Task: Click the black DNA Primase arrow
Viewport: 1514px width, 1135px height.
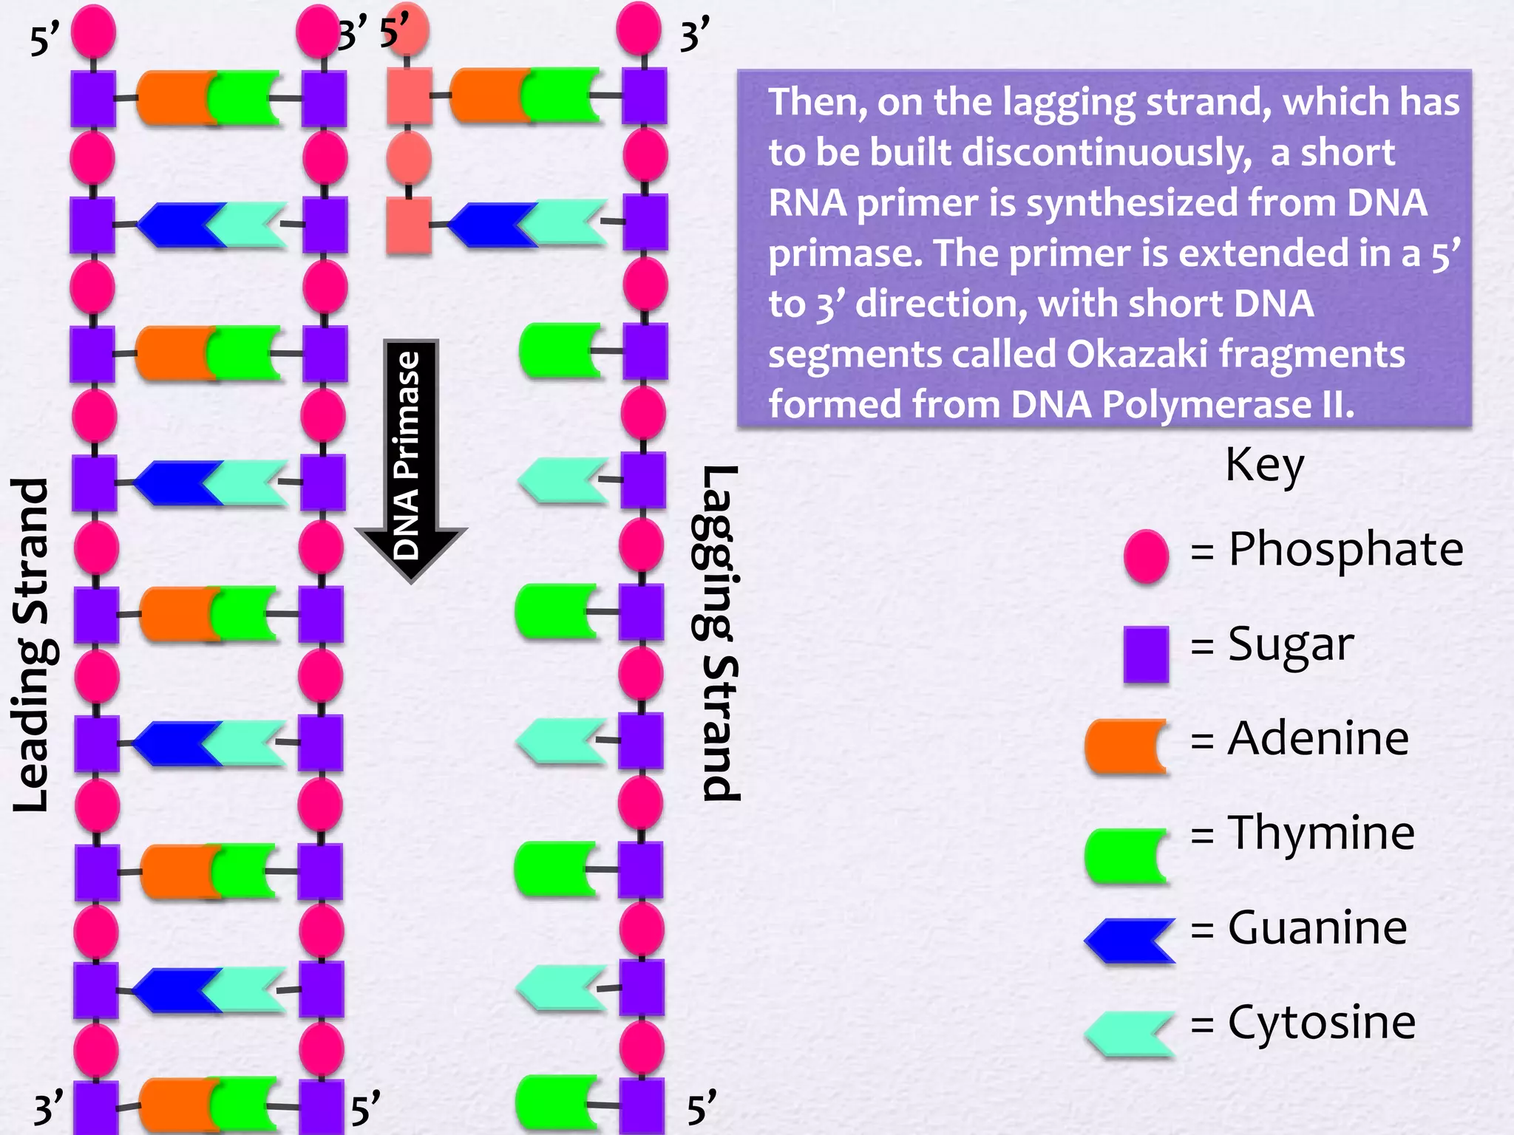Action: click(410, 458)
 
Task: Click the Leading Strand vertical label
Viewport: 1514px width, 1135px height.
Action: click(31, 645)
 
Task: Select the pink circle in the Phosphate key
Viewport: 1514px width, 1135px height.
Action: click(1146, 556)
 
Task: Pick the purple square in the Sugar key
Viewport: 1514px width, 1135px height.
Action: click(1146, 654)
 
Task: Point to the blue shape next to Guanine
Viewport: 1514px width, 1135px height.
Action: click(1130, 941)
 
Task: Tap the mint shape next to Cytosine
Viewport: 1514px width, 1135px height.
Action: click(1130, 1034)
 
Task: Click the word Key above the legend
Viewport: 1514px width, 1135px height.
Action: click(1264, 466)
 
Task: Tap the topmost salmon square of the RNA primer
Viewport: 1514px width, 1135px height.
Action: click(409, 96)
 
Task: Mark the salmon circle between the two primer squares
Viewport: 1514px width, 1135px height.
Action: click(409, 157)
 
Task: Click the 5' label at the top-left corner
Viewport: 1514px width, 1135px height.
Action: click(44, 41)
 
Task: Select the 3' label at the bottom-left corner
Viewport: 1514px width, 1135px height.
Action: click(49, 1109)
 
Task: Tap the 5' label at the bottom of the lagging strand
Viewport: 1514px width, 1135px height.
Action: click(702, 1109)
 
